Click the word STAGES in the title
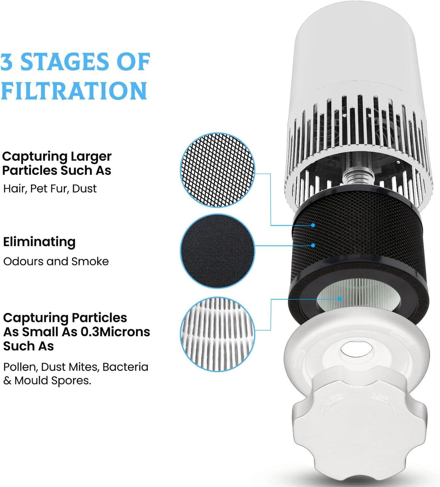64,61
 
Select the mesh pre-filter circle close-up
217,170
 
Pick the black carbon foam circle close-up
217,251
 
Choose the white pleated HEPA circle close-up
217,334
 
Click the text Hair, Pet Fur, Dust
50,189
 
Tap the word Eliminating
39,242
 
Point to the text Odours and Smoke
56,261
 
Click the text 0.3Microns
115,332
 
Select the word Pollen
21,367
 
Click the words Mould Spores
53,380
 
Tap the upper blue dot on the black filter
313,225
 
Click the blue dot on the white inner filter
340,299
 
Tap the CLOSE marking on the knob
379,398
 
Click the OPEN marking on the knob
337,398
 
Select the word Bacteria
125,367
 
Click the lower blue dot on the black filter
313,245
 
